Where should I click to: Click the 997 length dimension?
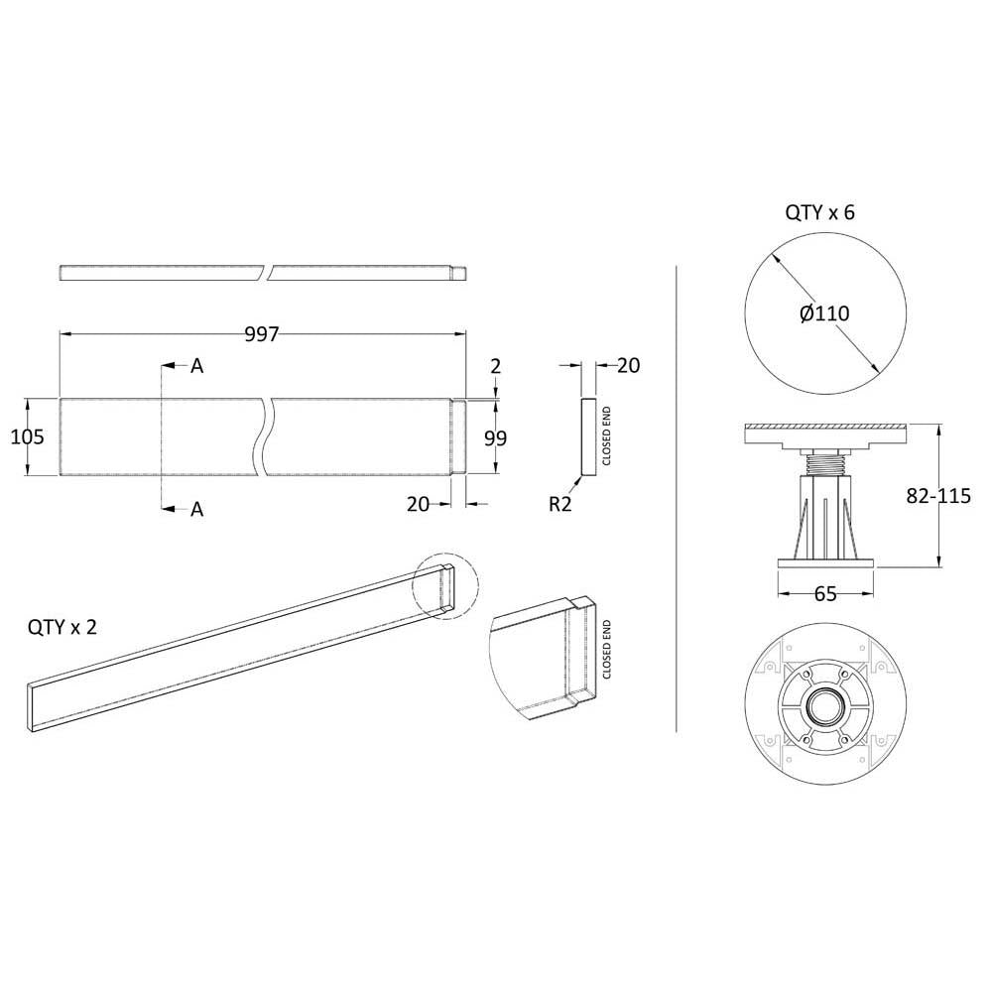click(x=261, y=334)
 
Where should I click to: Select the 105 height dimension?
click(x=27, y=436)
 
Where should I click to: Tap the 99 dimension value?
click(x=495, y=437)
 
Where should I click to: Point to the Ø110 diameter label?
click(x=824, y=313)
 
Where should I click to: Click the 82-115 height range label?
click(x=938, y=495)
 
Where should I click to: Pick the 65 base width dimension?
click(x=825, y=593)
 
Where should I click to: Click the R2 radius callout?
click(x=559, y=504)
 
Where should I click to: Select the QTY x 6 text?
click(x=819, y=212)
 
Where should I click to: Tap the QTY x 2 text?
click(x=62, y=627)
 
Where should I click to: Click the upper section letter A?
click(x=196, y=366)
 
